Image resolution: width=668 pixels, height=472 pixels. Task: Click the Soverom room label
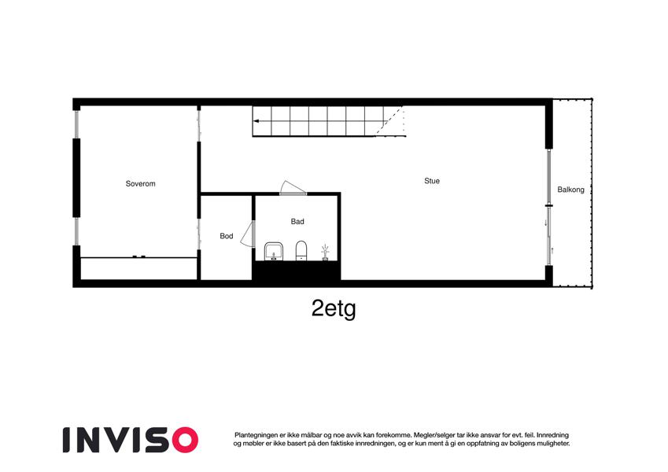tap(141, 183)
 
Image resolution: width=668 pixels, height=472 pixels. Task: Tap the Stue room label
tap(432, 181)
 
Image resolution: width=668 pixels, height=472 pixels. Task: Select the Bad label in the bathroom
tap(297, 222)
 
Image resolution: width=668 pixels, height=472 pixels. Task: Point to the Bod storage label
tap(227, 236)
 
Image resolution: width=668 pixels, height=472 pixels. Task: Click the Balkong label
tap(571, 190)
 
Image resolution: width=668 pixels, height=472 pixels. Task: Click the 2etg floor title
tap(334, 308)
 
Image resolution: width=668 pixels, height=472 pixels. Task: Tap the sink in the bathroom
tap(274, 251)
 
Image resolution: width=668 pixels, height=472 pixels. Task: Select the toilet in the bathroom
tap(301, 250)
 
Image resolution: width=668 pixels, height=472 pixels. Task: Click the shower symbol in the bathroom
tap(325, 253)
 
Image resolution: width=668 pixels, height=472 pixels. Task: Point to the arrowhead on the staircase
tap(256, 121)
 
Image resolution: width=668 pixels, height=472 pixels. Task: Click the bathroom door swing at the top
tap(293, 187)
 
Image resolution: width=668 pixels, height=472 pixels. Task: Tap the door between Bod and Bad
tap(248, 234)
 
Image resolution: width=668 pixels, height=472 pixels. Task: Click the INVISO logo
tap(131, 440)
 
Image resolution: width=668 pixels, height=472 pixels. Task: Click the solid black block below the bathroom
tap(297, 271)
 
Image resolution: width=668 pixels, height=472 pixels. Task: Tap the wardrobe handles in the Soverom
tap(139, 256)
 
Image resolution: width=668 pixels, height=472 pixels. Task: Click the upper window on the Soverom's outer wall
tap(76, 124)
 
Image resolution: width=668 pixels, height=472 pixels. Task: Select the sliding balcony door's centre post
tap(548, 206)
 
